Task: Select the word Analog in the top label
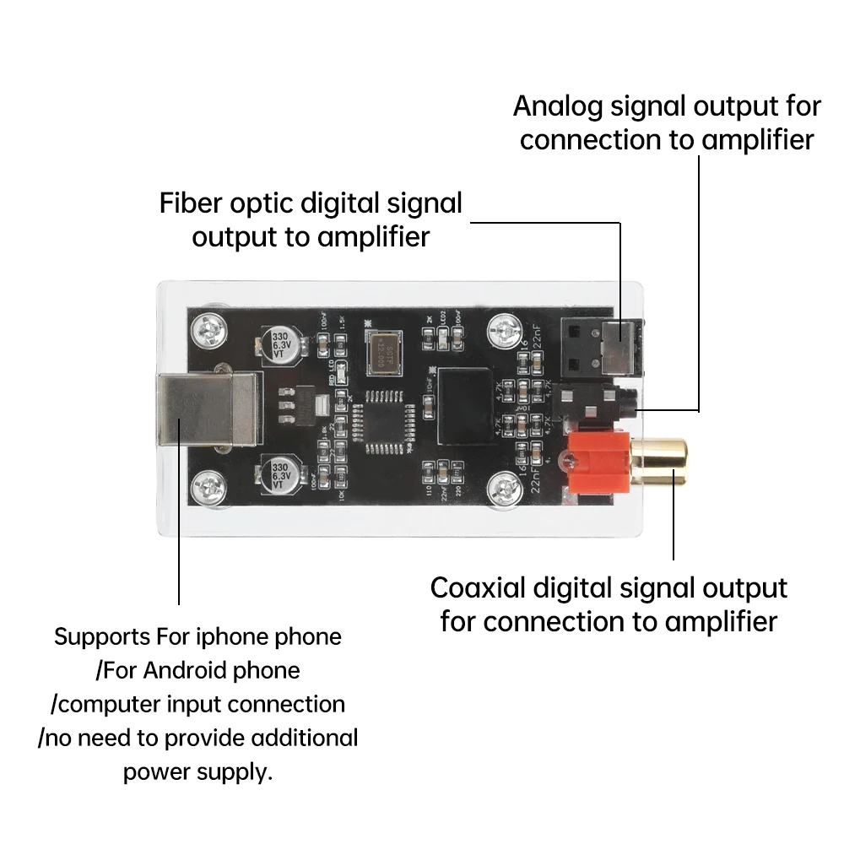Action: [x=557, y=106]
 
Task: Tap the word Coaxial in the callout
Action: [x=479, y=587]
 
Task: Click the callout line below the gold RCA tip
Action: [x=674, y=523]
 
